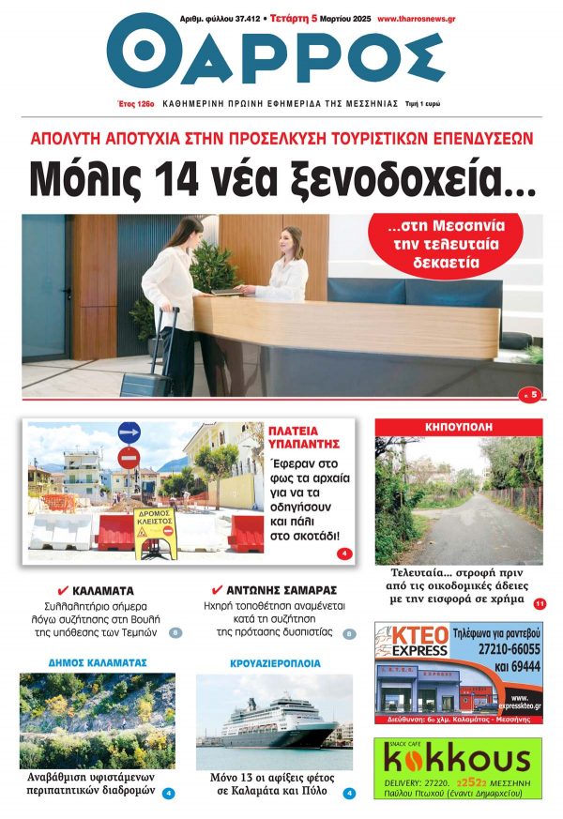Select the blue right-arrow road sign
(129, 433)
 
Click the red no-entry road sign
(129, 459)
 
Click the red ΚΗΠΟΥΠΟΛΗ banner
(458, 426)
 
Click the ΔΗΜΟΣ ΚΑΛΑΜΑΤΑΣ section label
(98, 662)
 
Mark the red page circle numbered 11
(540, 603)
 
